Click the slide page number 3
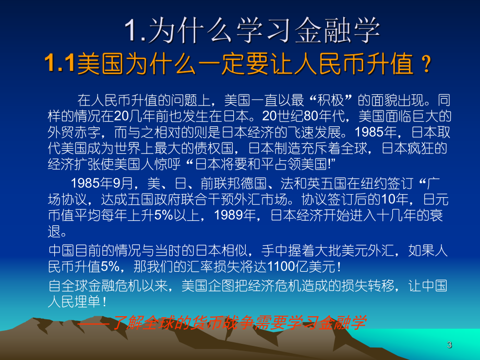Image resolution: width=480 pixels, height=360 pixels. [450, 345]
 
